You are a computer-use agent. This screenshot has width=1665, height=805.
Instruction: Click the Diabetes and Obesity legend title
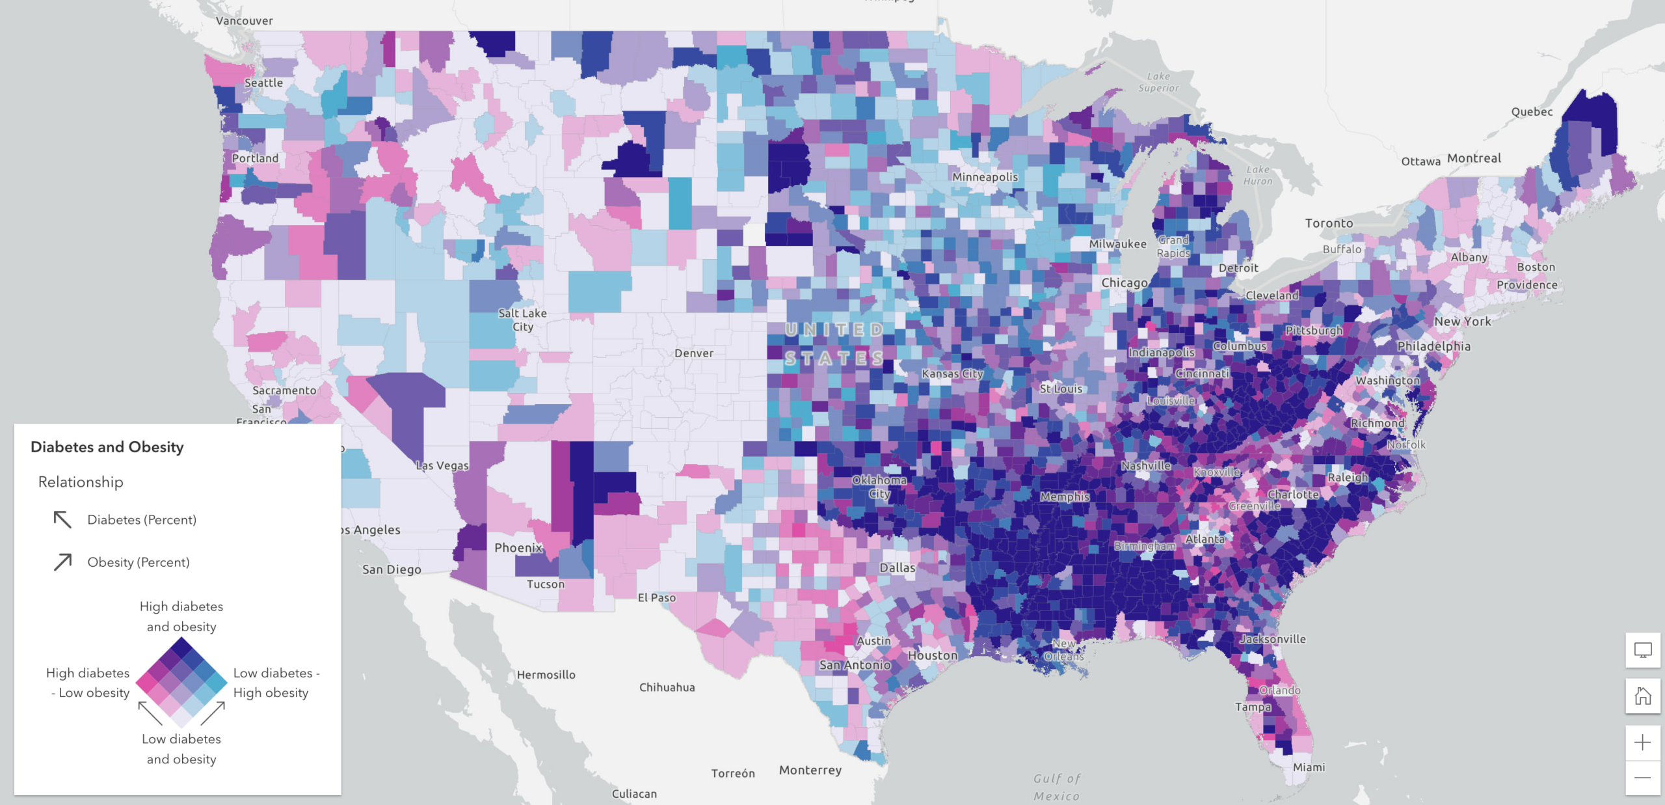(107, 447)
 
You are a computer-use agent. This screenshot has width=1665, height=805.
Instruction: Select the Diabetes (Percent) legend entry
(141, 519)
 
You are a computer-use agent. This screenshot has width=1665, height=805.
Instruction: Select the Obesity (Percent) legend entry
(138, 562)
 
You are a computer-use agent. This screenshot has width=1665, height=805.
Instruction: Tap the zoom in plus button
(1642, 743)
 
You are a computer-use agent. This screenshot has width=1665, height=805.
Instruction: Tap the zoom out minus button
(1642, 778)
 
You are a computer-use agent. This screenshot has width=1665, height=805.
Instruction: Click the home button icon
(1642, 696)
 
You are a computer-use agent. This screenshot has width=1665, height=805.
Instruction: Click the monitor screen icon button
(1642, 649)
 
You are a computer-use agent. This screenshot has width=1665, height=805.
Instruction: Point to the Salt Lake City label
(522, 320)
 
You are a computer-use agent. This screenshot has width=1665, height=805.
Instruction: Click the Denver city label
(693, 353)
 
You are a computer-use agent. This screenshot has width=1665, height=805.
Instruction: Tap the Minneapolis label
(985, 177)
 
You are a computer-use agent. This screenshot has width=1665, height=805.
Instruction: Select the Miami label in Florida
(1309, 767)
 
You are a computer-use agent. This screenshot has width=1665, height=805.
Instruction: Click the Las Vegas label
(442, 466)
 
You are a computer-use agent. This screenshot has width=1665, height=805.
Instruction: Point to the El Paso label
(656, 597)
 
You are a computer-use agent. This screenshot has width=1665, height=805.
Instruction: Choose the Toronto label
(1329, 223)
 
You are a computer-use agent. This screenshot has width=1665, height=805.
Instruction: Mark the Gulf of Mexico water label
(1057, 787)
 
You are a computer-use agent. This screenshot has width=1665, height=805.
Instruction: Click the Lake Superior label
(1158, 82)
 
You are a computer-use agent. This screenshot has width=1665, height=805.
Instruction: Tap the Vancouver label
(244, 21)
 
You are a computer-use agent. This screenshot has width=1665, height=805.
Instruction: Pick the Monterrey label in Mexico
(810, 770)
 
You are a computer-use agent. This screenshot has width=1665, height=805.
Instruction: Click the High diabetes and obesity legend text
(181, 616)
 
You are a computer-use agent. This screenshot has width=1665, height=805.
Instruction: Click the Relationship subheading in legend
(81, 482)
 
